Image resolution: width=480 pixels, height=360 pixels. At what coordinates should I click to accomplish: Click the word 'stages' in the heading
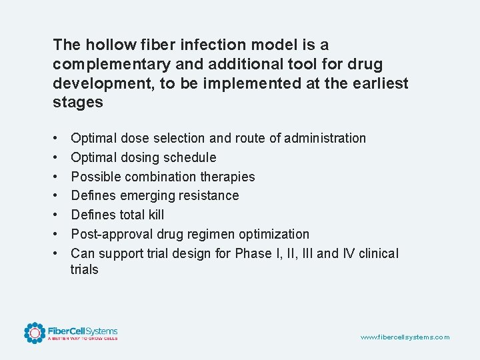(78, 103)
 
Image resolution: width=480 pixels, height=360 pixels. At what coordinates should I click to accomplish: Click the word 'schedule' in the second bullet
(191, 158)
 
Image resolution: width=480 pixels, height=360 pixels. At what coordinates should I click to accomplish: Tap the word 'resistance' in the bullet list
(209, 196)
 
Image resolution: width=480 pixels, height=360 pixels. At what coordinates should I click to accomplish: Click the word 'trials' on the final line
(85, 270)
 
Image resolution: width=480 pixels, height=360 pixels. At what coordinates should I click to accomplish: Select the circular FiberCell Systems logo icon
(35, 333)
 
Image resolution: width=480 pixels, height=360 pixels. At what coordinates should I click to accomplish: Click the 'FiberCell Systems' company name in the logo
(82, 331)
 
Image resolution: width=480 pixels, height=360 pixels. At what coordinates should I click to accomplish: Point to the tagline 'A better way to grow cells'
(82, 339)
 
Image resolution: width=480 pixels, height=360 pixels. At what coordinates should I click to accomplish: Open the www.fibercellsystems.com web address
(405, 337)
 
